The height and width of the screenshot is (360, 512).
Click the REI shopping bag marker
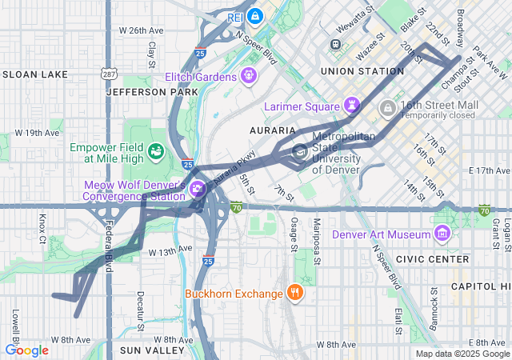click(x=255, y=15)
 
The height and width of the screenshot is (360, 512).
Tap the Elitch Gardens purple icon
click(x=250, y=76)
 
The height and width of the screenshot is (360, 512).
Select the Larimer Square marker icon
click(x=351, y=105)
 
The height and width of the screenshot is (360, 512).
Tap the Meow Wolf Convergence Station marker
click(x=197, y=190)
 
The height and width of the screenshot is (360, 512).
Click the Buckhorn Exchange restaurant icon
click(x=295, y=292)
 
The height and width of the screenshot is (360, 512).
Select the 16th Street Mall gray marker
click(x=387, y=106)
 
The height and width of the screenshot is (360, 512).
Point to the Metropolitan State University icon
click(x=300, y=151)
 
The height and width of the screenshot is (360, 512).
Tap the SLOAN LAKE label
click(x=35, y=74)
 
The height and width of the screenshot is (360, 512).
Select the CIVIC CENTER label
click(x=438, y=259)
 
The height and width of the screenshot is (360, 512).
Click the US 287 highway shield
click(x=108, y=74)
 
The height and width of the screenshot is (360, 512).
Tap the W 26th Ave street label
click(x=141, y=30)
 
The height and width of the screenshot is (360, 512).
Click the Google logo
click(x=26, y=350)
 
